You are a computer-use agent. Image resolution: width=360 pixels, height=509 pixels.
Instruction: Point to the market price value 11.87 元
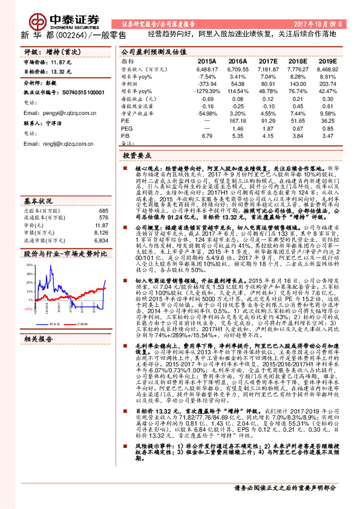[62, 62]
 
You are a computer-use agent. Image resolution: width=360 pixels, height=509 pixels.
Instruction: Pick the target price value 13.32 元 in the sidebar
[62, 71]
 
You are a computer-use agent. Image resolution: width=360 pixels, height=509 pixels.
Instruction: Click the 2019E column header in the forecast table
[327, 62]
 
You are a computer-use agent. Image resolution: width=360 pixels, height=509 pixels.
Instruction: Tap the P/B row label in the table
[126, 136]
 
